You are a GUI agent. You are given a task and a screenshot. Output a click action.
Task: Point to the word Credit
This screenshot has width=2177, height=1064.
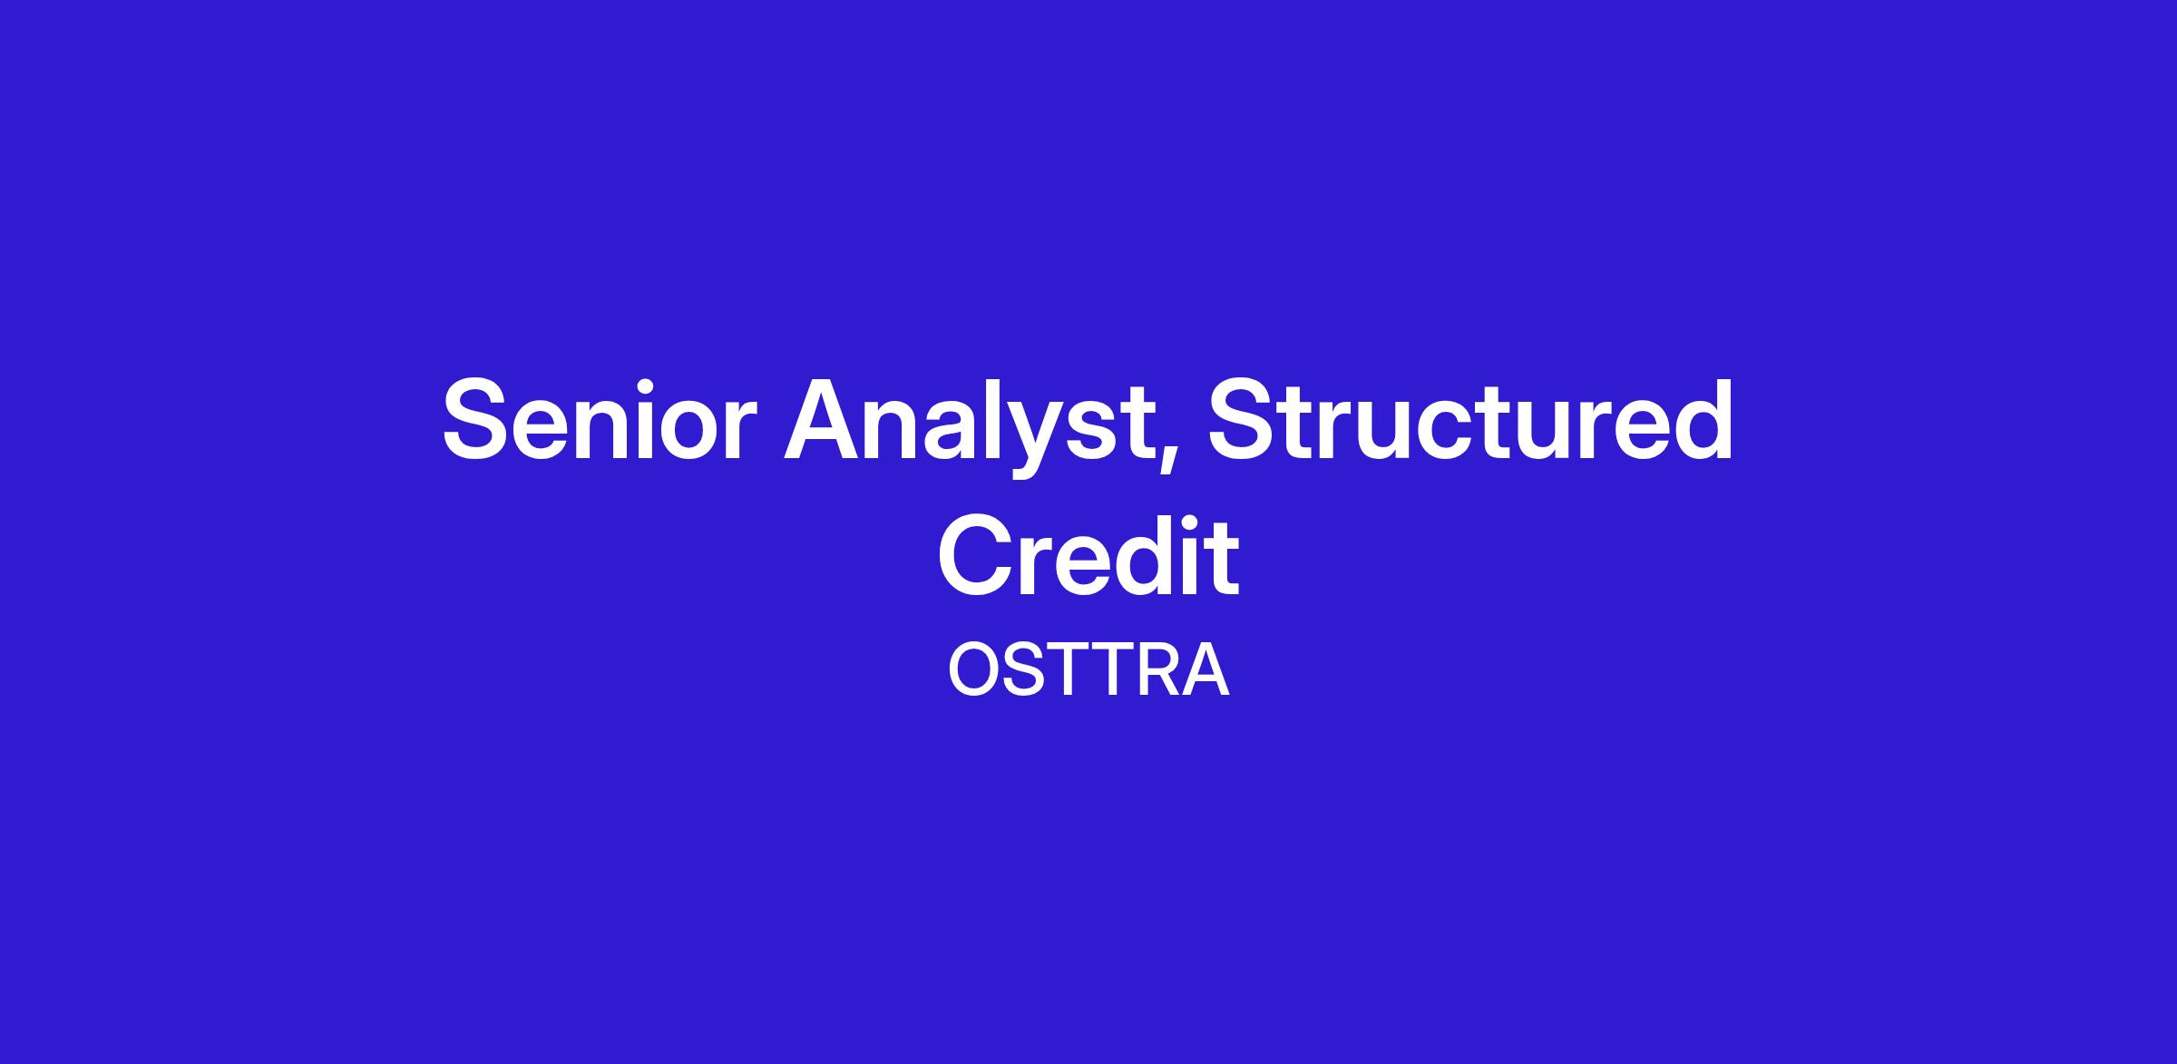tap(1088, 554)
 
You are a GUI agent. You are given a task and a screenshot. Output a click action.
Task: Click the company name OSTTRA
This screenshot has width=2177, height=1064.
tap(1088, 670)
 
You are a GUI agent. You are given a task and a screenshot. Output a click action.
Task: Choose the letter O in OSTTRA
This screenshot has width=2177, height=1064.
tap(974, 670)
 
